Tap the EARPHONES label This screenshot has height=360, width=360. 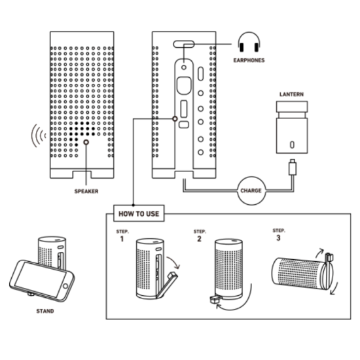pyautogui.click(x=249, y=60)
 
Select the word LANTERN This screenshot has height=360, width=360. pyautogui.click(x=291, y=94)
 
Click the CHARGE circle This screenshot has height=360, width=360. pyautogui.click(x=251, y=190)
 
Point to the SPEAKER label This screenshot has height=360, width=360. pyautogui.click(x=86, y=191)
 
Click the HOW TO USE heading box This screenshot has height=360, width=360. pyautogui.click(x=139, y=213)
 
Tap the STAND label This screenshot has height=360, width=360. pyautogui.click(x=45, y=311)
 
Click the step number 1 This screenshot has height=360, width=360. pyautogui.click(x=122, y=239)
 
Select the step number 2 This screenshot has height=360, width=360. pyautogui.click(x=199, y=239)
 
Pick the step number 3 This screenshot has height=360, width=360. pyautogui.click(x=278, y=238)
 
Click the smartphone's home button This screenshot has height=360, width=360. pyautogui.click(x=65, y=286)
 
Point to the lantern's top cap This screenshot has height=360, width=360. pyautogui.click(x=292, y=107)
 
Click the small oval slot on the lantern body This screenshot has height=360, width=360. pyautogui.click(x=292, y=145)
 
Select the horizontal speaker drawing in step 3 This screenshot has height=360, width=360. pyautogui.click(x=302, y=273)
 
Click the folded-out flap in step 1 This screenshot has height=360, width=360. pyautogui.click(x=167, y=285)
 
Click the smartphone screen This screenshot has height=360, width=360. pyautogui.click(x=40, y=279)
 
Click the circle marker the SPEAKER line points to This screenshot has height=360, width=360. pyautogui.click(x=86, y=142)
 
